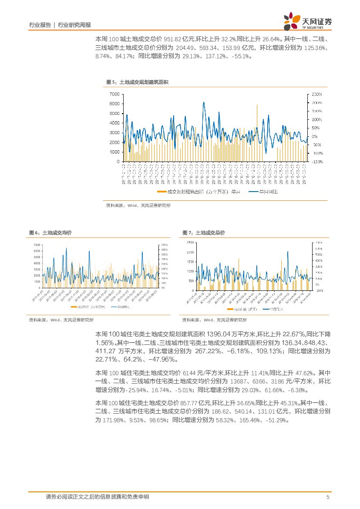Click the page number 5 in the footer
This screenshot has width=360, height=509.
(328, 497)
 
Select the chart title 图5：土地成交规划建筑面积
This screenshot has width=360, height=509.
(137, 82)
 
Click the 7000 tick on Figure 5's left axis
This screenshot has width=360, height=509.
(114, 94)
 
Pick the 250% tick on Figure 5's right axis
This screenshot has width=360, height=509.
(316, 94)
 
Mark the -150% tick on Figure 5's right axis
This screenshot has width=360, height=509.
(316, 162)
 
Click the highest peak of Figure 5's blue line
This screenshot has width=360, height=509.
(204, 103)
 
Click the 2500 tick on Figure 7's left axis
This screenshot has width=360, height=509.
(190, 242)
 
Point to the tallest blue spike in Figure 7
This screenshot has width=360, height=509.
(287, 252)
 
